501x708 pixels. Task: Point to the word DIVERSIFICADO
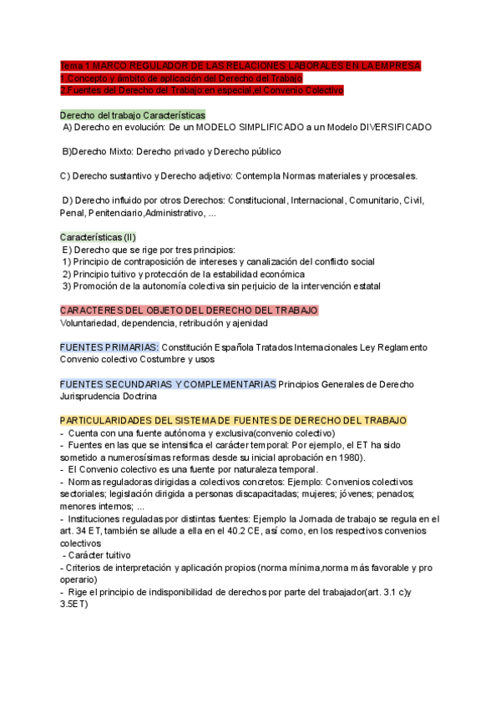tap(396, 128)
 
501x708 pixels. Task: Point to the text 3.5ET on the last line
tap(75, 604)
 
